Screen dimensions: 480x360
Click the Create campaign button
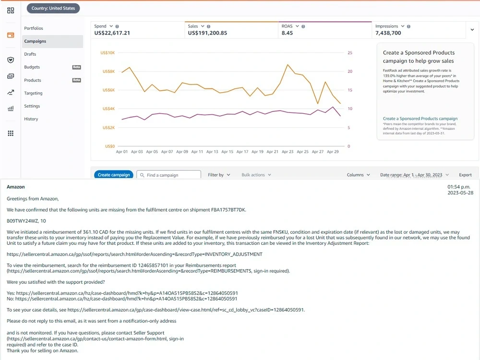(x=114, y=175)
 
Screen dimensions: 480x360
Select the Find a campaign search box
(x=168, y=175)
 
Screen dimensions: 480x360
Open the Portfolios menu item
(x=34, y=28)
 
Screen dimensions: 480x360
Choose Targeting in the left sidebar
(x=34, y=93)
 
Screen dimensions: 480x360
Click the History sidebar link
(x=31, y=119)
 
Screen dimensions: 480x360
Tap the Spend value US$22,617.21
(x=112, y=33)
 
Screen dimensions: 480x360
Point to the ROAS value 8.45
(x=287, y=33)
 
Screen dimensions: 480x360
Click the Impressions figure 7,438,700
(x=388, y=33)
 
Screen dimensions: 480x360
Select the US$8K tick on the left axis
(x=108, y=72)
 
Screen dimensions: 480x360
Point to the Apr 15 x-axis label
(x=227, y=152)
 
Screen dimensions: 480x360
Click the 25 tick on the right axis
(x=350, y=53)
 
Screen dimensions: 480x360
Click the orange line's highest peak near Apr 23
(x=288, y=65)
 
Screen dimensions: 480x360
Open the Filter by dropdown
(x=219, y=175)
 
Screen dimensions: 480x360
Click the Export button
(x=465, y=175)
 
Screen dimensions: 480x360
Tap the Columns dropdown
(x=359, y=175)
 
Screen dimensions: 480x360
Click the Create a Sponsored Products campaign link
(x=420, y=119)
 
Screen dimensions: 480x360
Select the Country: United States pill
(x=53, y=8)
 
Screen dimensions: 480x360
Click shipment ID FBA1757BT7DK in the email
(x=228, y=210)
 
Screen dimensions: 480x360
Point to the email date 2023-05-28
(x=460, y=193)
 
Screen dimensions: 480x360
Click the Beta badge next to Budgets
(x=76, y=67)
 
